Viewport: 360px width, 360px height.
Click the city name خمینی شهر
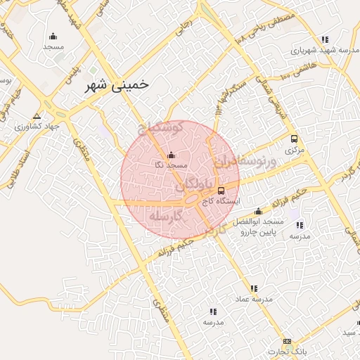coord(117,85)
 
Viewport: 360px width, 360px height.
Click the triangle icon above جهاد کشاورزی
coord(37,116)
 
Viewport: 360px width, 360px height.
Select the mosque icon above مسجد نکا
coord(171,155)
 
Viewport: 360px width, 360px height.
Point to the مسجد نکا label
coord(171,165)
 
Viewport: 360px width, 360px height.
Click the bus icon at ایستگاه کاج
coord(221,191)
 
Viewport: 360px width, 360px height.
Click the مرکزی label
coord(292,149)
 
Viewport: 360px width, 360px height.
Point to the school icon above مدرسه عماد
coord(254,288)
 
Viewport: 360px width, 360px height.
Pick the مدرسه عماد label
coord(254,299)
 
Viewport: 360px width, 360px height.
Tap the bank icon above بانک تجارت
coord(287,341)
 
